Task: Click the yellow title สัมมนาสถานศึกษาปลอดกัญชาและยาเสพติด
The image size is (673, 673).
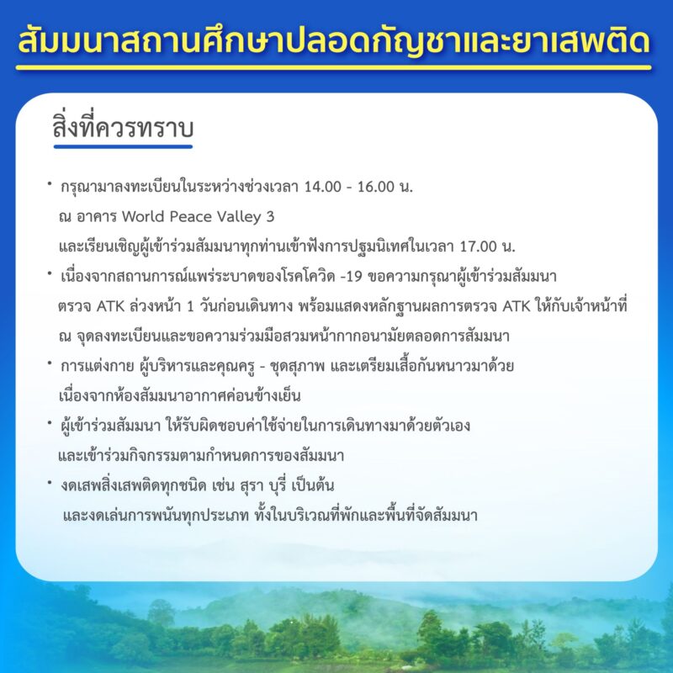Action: click(334, 40)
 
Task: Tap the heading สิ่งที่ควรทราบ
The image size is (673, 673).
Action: click(123, 127)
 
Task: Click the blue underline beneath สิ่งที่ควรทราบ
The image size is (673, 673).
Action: click(123, 146)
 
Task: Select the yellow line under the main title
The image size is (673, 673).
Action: click(333, 67)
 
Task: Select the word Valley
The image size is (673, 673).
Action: click(240, 217)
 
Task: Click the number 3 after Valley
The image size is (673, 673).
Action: click(270, 216)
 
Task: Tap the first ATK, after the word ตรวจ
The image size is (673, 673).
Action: click(110, 306)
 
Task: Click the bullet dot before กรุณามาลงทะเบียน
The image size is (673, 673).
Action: click(50, 183)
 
